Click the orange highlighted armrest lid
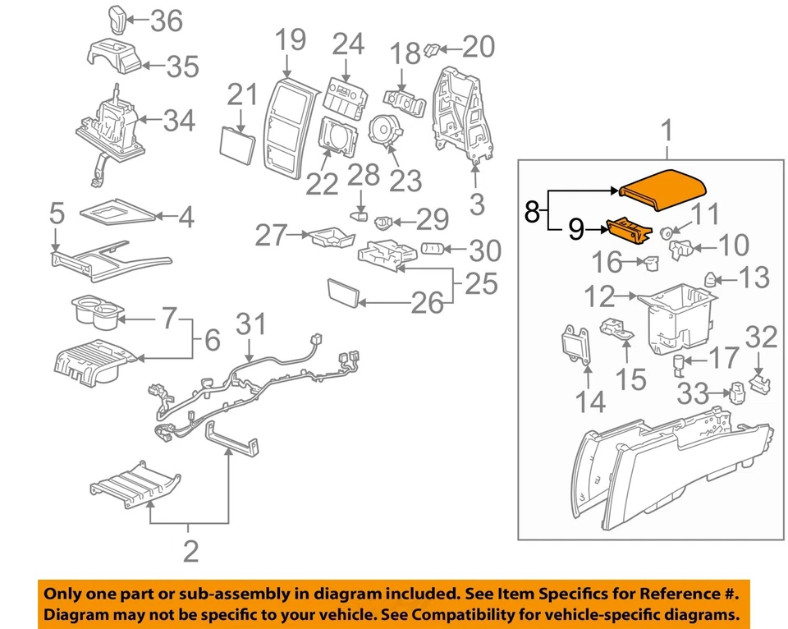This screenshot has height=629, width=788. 662,186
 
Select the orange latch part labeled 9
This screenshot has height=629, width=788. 630,231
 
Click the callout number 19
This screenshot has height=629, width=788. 289,39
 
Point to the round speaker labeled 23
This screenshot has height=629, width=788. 383,132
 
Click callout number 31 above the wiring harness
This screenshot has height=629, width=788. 251,324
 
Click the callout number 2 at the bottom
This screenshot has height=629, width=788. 190,551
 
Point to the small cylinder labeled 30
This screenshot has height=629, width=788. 433,248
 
